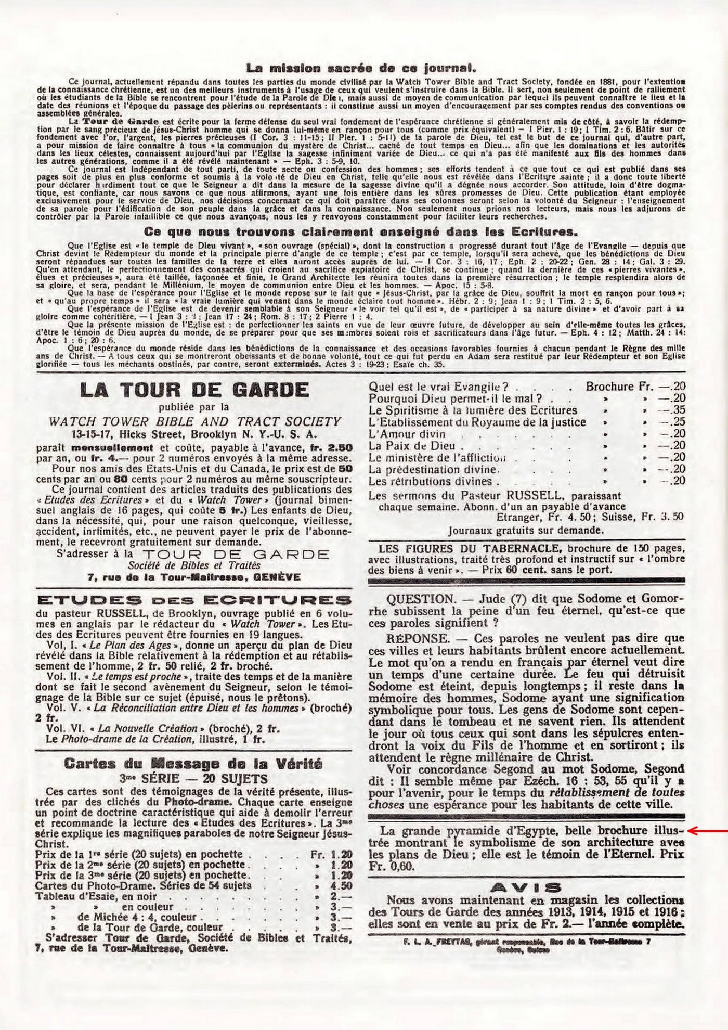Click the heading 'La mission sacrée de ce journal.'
pos(362,68)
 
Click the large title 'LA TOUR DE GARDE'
pos(193,390)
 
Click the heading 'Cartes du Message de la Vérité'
pos(193,764)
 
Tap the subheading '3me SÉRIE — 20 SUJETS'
pos(193,779)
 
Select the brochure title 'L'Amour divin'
pos(407,434)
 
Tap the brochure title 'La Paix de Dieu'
pos(412,446)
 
